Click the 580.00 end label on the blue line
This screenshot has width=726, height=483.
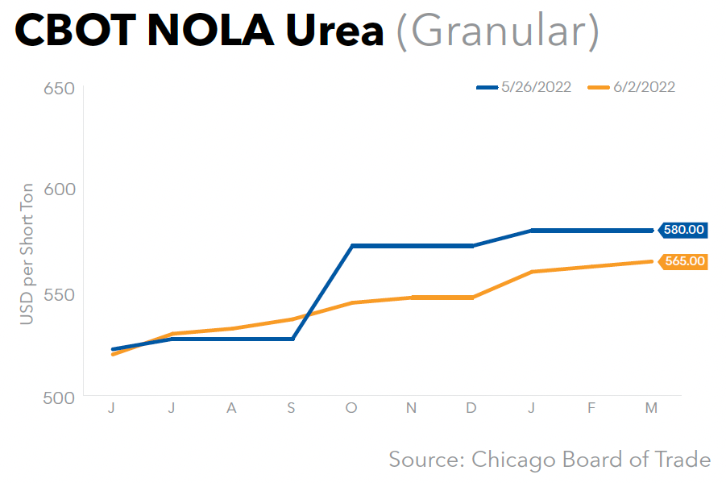[684, 230]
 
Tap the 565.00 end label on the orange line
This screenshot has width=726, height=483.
[684, 261]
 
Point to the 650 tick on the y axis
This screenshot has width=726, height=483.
[57, 88]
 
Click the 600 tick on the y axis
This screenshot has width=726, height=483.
[57, 189]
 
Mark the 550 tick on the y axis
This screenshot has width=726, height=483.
[57, 294]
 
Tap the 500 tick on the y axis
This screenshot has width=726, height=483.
[57, 397]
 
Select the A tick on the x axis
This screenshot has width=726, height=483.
[231, 409]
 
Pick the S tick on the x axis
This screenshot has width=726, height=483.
[292, 409]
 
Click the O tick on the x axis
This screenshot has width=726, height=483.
[351, 409]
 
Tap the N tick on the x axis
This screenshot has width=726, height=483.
[411, 409]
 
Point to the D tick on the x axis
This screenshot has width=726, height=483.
[471, 409]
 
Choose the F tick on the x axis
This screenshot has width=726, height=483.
[591, 409]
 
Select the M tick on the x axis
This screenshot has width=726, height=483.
[651, 409]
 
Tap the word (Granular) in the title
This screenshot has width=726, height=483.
[497, 31]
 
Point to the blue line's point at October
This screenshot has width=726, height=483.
[352, 245]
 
